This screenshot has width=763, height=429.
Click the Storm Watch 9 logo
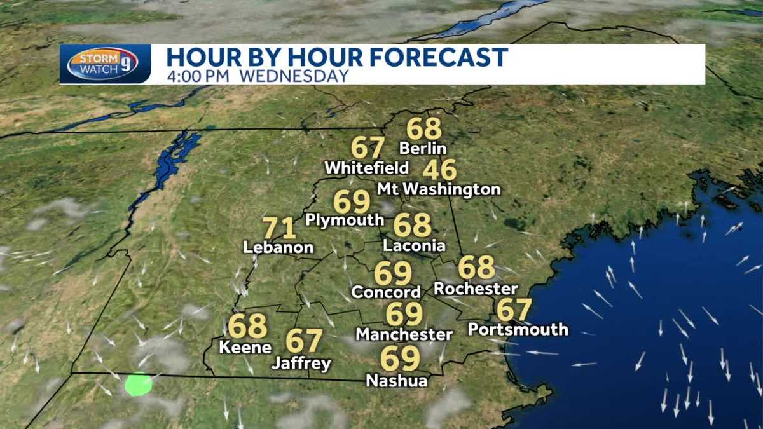(102, 64)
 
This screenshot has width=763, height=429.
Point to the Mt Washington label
(439, 189)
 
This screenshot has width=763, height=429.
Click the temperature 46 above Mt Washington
(439, 170)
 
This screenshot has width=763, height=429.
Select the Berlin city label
(423, 149)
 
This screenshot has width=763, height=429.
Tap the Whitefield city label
(366, 168)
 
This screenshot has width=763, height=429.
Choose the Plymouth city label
(345, 220)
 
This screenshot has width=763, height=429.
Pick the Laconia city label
(414, 246)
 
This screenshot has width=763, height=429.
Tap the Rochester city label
(476, 289)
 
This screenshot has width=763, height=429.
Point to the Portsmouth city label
(518, 329)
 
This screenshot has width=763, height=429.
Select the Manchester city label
(404, 334)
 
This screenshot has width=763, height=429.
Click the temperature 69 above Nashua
(400, 358)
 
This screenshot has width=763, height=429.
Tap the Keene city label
(245, 348)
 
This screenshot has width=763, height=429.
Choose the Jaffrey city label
(301, 364)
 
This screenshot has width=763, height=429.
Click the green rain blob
(139, 385)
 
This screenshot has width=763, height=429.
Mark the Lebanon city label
(278, 248)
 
